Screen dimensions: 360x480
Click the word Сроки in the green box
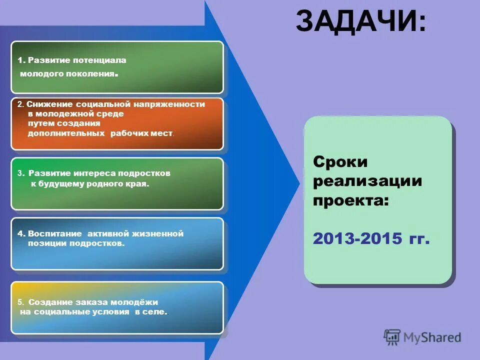coord(340,162)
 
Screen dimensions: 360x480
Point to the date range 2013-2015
coord(357,239)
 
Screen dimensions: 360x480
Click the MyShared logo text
coord(432,337)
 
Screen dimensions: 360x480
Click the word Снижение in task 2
coord(50,104)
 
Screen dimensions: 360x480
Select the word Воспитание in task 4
coord(55,233)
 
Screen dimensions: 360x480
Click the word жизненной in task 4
coord(158,233)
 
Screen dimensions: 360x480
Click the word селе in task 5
coord(155,312)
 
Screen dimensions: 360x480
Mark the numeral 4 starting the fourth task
coord(19,233)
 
